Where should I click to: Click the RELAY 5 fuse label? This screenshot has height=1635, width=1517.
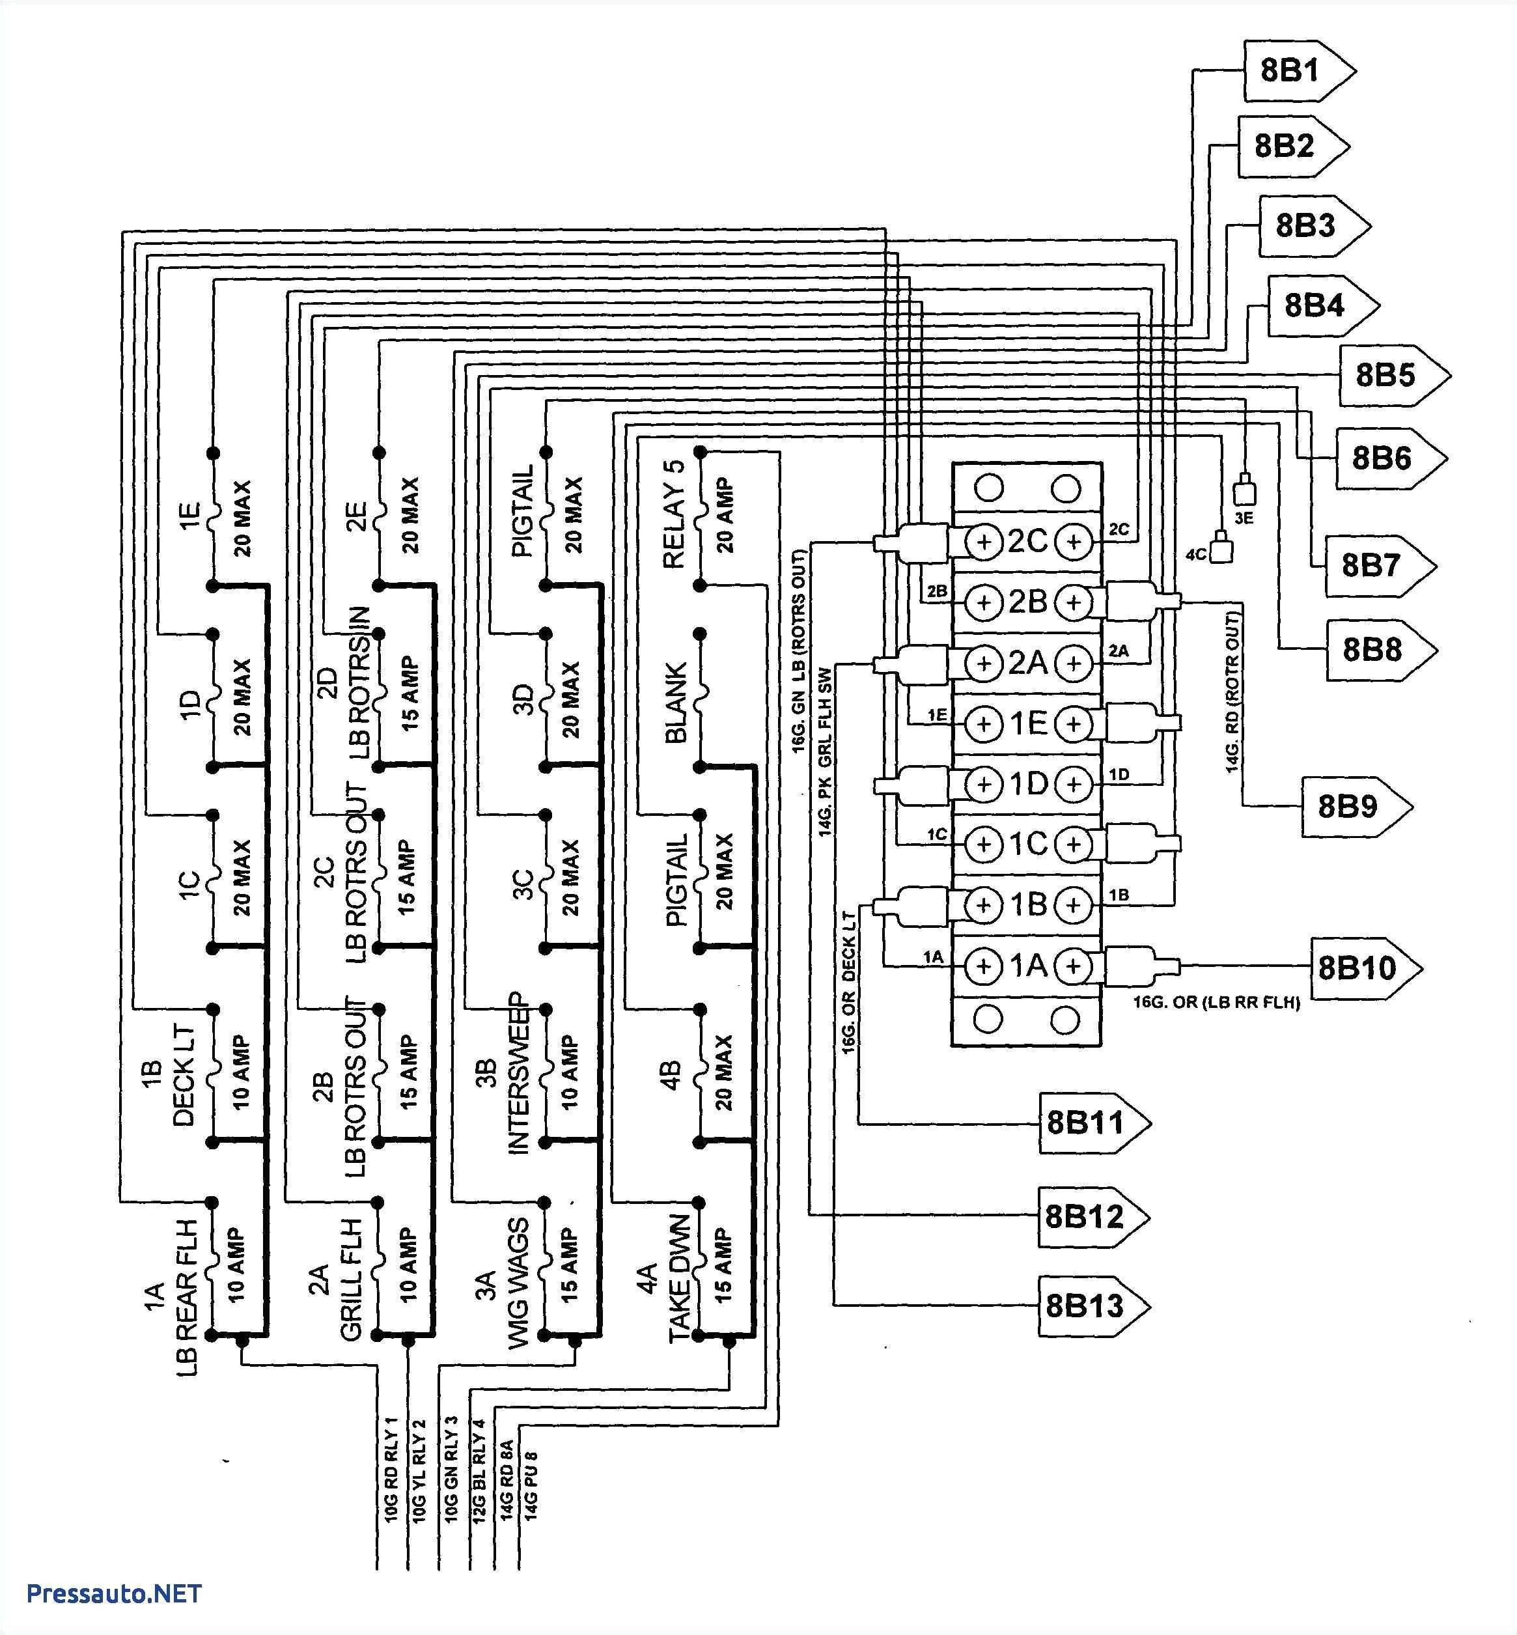[674, 514]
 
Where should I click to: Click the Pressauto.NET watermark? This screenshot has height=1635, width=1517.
[114, 1593]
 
